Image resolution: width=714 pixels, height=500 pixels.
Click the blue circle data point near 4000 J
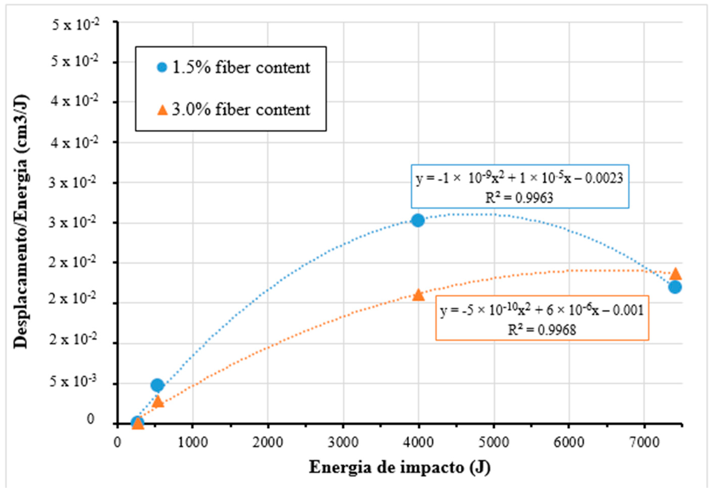click(418, 220)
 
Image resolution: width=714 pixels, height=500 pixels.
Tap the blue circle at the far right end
click(675, 287)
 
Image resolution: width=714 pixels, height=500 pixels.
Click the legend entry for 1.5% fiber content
click(233, 68)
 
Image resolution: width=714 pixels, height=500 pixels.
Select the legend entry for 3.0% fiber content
click(233, 110)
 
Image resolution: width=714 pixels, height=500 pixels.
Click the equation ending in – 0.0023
click(519, 179)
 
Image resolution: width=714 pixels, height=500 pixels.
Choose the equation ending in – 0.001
click(542, 310)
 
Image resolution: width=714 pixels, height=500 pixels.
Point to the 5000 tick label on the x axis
click(494, 442)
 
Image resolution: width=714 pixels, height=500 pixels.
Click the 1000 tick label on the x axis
click(193, 442)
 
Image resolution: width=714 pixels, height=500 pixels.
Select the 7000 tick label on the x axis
click(644, 442)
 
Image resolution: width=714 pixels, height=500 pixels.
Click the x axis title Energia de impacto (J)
click(399, 467)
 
